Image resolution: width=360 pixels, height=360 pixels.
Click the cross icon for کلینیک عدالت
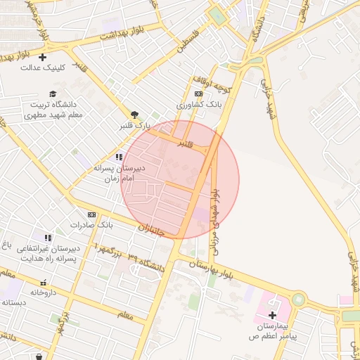click(x=43, y=57)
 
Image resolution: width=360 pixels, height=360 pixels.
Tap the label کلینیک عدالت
click(x=44, y=68)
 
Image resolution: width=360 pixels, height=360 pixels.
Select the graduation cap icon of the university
click(x=52, y=94)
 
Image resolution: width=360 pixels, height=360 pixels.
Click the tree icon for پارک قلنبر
click(x=134, y=115)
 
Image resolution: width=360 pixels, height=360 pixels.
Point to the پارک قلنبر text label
click(x=134, y=126)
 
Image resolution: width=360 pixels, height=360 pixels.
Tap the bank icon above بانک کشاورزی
click(x=199, y=94)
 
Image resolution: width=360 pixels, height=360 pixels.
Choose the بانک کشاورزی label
click(x=199, y=104)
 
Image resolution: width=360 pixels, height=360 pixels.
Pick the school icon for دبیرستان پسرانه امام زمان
click(x=119, y=157)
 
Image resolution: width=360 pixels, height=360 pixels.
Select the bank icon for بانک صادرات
click(x=91, y=214)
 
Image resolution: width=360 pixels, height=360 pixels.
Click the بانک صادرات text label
click(x=91, y=225)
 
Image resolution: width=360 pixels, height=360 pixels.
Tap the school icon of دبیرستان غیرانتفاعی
click(x=47, y=238)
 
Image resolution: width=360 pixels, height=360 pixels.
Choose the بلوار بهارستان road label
click(x=212, y=269)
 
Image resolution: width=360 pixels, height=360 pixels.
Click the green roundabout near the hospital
click(x=299, y=300)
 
